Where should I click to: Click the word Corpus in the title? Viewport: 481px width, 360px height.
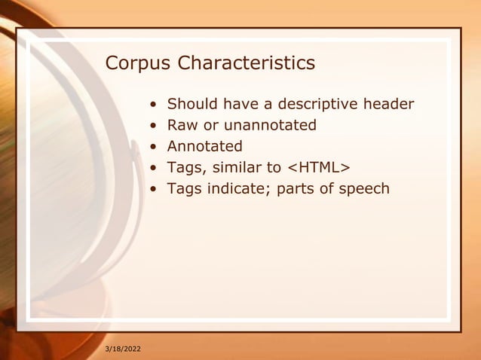click(x=138, y=64)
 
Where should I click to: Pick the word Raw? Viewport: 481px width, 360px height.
click(x=181, y=125)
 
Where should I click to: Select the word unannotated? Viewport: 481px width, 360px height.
click(x=270, y=125)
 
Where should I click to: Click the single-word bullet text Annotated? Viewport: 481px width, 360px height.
click(x=204, y=146)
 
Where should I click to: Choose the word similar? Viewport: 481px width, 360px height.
click(x=236, y=167)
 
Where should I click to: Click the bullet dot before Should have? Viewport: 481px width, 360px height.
click(x=153, y=105)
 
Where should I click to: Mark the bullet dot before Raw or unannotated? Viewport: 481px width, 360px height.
click(x=153, y=126)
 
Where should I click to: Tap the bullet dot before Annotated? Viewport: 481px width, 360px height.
click(x=153, y=147)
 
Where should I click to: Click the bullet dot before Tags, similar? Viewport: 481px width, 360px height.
click(x=153, y=168)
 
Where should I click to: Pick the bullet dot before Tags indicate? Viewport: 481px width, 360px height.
click(x=153, y=189)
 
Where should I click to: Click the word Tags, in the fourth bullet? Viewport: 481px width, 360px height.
click(x=185, y=167)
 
